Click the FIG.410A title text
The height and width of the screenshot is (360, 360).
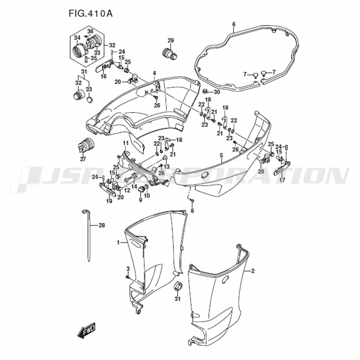(x=90, y=14)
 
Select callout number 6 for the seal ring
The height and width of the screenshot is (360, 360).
(x=234, y=24)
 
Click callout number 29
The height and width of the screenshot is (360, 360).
(x=171, y=41)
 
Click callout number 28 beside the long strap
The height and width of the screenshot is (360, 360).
(x=102, y=225)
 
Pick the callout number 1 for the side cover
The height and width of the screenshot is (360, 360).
(x=118, y=242)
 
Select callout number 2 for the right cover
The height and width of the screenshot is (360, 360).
(x=253, y=271)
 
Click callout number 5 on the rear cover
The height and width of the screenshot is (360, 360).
(x=221, y=156)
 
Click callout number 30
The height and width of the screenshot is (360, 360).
(x=217, y=92)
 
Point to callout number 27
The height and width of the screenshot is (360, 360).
(x=83, y=159)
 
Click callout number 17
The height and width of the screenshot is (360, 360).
(x=282, y=180)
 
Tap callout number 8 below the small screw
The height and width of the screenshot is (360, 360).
(x=192, y=211)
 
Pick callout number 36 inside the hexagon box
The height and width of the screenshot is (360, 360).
(x=90, y=31)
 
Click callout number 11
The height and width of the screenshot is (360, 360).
(x=126, y=143)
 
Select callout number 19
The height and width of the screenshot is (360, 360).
(x=109, y=201)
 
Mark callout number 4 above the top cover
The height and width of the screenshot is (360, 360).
(x=154, y=73)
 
